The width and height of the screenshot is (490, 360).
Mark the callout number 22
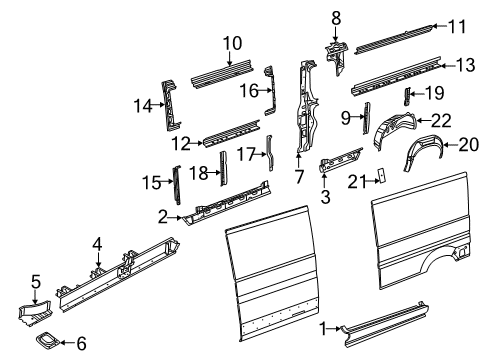440,120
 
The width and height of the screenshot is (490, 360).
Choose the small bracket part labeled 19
407,96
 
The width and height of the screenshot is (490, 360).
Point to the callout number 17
245,156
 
